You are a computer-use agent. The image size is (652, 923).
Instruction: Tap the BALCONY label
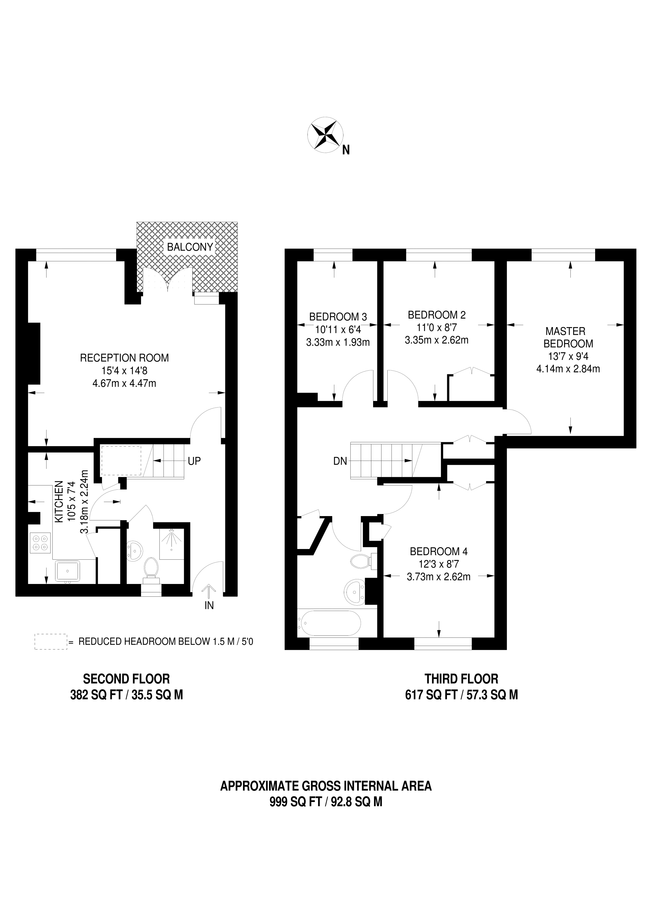(190, 247)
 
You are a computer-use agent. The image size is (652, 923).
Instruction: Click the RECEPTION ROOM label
(124, 358)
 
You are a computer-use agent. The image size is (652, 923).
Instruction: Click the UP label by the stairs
(194, 461)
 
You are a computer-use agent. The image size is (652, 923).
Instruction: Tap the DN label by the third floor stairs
(340, 461)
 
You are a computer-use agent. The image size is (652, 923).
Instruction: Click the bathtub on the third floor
(329, 623)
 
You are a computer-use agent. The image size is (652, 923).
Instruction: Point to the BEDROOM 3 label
(338, 317)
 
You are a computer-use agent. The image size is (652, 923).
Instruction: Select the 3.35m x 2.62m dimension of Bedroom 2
(437, 340)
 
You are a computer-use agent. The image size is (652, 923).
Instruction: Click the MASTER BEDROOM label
(568, 337)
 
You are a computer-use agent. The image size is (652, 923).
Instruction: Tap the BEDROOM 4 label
(439, 551)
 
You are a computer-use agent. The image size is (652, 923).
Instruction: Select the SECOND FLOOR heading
(126, 679)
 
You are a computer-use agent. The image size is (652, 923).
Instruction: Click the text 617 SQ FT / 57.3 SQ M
(461, 695)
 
